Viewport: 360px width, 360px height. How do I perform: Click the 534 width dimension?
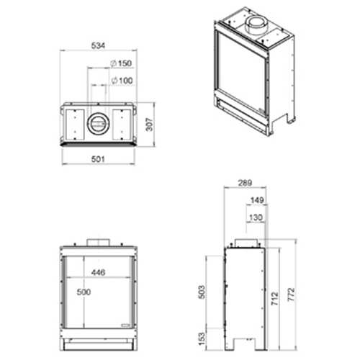(98, 45)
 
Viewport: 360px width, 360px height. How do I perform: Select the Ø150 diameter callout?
(121, 63)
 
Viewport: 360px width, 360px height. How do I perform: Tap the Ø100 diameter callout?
(122, 81)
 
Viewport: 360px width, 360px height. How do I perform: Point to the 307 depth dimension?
(149, 125)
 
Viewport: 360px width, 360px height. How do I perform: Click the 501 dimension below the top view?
(98, 159)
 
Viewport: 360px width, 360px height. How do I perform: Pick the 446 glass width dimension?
(99, 272)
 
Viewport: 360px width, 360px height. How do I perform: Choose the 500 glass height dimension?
(84, 292)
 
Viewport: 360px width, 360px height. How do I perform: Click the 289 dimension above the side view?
(245, 183)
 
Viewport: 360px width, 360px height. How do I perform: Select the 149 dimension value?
(257, 200)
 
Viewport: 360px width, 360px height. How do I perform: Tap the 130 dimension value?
(256, 217)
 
